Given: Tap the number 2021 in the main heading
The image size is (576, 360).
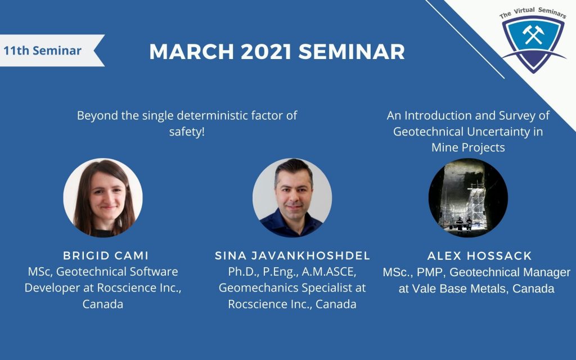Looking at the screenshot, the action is [x=266, y=51].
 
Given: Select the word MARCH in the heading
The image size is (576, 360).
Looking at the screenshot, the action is [x=191, y=51].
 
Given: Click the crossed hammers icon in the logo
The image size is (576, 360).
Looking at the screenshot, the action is [x=533, y=34].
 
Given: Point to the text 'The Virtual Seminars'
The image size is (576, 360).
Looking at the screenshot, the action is [x=533, y=12].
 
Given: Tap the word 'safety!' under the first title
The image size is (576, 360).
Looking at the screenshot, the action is [x=187, y=132].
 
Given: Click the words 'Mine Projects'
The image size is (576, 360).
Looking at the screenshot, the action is [x=468, y=148].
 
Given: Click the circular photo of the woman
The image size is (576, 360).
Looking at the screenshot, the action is [x=103, y=197].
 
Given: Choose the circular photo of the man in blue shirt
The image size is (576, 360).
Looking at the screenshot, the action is [x=292, y=197].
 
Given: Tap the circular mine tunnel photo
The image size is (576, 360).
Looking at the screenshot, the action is [x=468, y=197].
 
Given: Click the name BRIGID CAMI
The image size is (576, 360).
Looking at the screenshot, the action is [x=106, y=256].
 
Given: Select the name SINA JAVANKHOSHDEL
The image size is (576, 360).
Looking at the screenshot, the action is [x=292, y=256].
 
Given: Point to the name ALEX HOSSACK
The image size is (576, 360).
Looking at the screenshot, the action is [x=479, y=256].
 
